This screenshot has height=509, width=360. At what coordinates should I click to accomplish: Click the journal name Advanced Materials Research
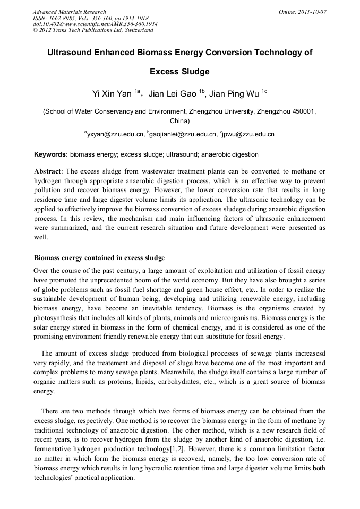(x=70, y=12)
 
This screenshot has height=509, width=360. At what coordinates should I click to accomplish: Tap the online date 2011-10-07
(x=313, y=12)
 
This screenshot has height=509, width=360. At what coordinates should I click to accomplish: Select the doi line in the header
(x=95, y=24)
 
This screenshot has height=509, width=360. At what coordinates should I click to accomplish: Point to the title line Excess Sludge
(x=180, y=72)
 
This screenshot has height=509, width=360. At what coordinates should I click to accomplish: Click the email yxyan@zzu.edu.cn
(x=115, y=135)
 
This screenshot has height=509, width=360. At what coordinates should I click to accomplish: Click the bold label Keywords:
(x=51, y=154)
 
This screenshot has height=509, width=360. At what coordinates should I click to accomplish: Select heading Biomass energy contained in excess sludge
(x=99, y=258)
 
